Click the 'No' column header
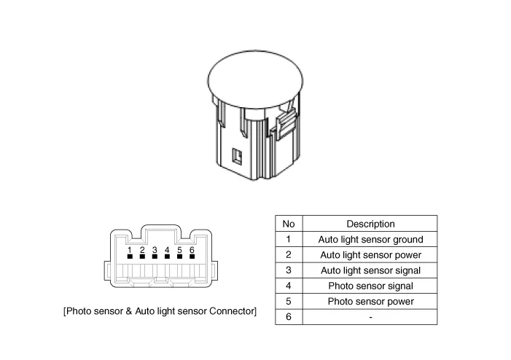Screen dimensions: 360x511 pyautogui.click(x=289, y=224)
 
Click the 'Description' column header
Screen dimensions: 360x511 pyautogui.click(x=370, y=224)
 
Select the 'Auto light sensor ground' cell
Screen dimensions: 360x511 pyautogui.click(x=370, y=239)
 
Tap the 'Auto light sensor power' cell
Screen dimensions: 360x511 pyautogui.click(x=370, y=255)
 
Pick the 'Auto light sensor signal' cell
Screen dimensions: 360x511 pyautogui.click(x=370, y=270)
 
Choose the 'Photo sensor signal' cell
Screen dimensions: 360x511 pyautogui.click(x=370, y=286)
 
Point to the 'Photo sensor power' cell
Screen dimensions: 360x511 pyautogui.click(x=370, y=301)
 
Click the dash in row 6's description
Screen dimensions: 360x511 pyautogui.click(x=370, y=317)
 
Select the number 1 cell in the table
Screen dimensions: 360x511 pyautogui.click(x=289, y=239)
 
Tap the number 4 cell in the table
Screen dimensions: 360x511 pyautogui.click(x=289, y=286)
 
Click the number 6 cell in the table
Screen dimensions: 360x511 pyautogui.click(x=289, y=317)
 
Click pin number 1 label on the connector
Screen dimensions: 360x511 pyautogui.click(x=130, y=250)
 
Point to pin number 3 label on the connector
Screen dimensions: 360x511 pyautogui.click(x=155, y=250)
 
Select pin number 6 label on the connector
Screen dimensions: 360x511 pyautogui.click(x=192, y=250)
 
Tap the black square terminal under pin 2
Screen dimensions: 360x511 pyautogui.click(x=142, y=257)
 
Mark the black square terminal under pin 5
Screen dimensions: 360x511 pyautogui.click(x=179, y=257)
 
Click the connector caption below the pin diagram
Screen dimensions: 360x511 pyautogui.click(x=160, y=311)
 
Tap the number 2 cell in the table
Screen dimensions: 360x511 pyautogui.click(x=289, y=255)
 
